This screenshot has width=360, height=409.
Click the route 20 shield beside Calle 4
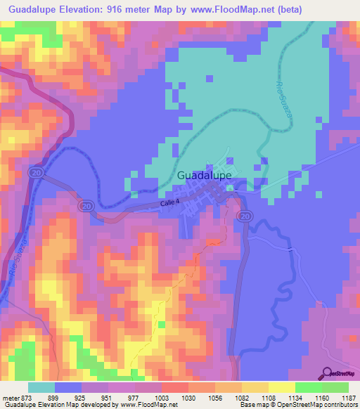87,206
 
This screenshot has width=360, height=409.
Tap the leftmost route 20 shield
34,172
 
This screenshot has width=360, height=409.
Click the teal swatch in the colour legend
41,387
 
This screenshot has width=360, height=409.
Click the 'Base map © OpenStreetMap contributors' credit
298,405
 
